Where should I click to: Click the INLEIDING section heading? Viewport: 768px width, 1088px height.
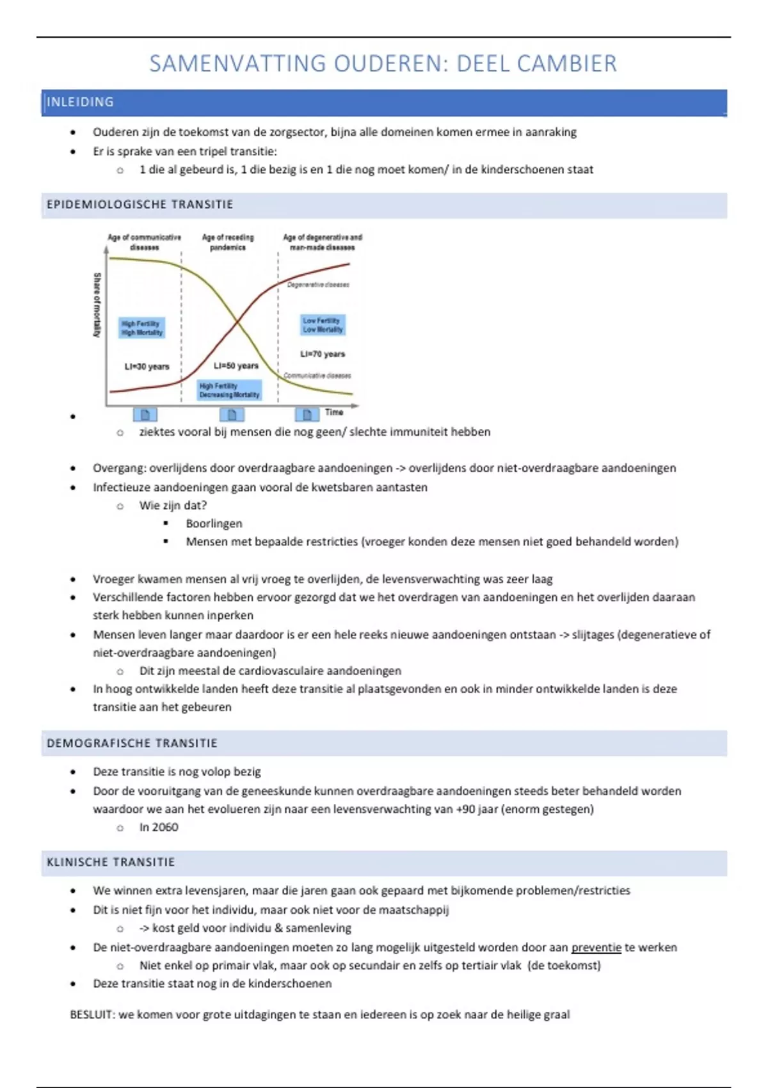point(80,102)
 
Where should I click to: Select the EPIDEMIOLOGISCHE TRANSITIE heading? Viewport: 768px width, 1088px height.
point(140,205)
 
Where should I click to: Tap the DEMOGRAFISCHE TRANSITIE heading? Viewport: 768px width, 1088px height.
point(132,743)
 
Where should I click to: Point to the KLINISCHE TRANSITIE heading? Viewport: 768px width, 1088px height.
point(111,862)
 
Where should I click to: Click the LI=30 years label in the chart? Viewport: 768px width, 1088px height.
point(147,367)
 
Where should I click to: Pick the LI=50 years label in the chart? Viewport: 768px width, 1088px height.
point(236,365)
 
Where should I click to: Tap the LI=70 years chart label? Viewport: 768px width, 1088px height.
point(323,354)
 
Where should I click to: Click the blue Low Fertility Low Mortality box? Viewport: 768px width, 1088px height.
point(323,325)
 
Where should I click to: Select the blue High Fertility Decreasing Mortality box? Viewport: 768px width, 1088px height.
point(229,390)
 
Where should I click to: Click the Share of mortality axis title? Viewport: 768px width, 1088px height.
point(97,305)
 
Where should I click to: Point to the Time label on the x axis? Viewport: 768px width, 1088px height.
point(334,412)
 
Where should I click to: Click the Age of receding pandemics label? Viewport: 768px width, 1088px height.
point(228,242)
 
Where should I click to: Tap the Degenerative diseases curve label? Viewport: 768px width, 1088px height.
point(318,285)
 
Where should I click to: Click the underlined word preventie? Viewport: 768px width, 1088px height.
point(596,947)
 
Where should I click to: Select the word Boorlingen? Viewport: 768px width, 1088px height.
point(214,524)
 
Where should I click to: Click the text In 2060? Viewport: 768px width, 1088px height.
point(159,827)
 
